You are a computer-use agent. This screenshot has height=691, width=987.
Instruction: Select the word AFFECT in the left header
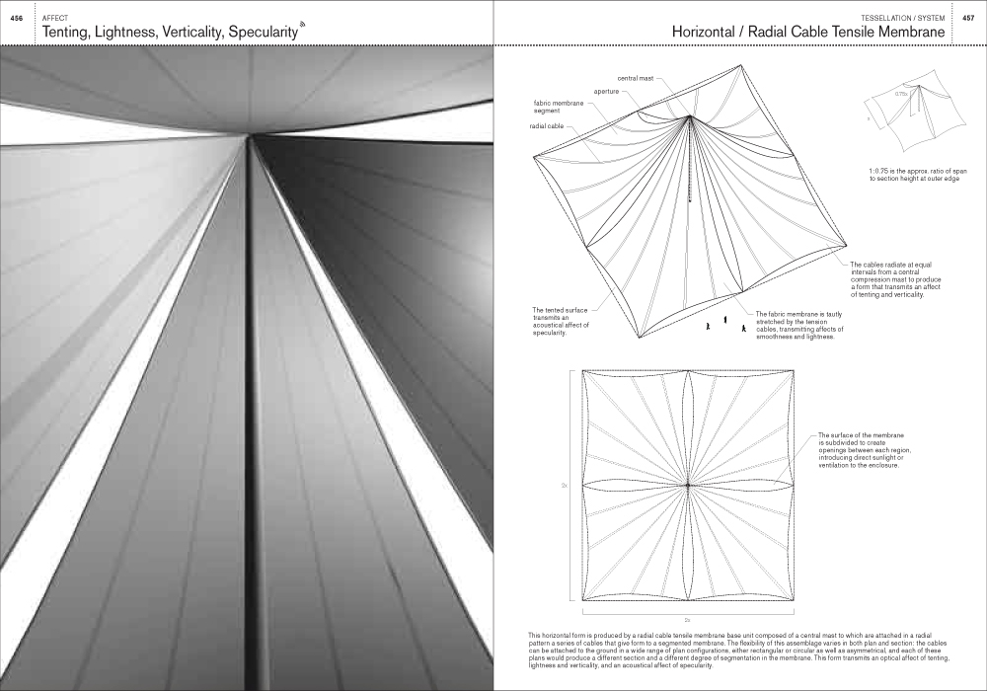click(x=53, y=18)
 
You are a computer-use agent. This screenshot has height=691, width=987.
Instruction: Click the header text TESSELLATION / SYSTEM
click(x=903, y=18)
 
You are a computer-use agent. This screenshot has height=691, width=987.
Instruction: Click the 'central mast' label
click(x=636, y=77)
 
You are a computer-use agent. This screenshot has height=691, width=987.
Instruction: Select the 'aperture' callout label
click(x=606, y=91)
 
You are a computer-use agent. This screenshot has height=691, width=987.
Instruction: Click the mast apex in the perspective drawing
click(x=691, y=116)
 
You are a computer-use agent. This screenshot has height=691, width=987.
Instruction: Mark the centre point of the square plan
click(x=687, y=485)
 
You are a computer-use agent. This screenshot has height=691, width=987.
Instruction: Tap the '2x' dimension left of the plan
click(x=564, y=486)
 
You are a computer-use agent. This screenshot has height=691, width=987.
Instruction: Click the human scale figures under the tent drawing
click(x=725, y=322)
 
